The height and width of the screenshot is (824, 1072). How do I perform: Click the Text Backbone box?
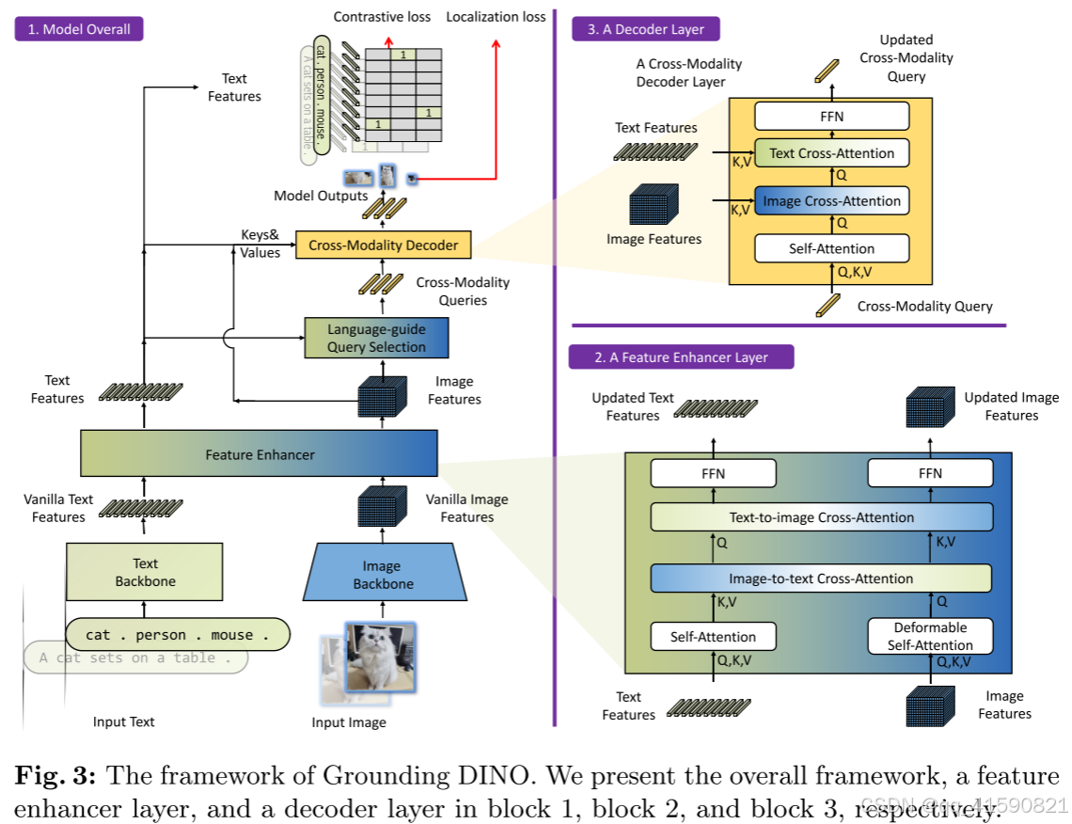point(145,572)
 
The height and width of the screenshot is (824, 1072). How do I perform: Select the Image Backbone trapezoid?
point(383,574)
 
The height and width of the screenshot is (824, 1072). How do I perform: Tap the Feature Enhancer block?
point(260,454)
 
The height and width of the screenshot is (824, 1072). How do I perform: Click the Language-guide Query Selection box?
point(376,338)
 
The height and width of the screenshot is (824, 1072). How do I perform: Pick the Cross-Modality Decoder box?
point(383,246)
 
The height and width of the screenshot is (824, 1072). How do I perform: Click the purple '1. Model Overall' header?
point(78,29)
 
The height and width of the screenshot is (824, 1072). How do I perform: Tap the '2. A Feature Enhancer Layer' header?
point(681,357)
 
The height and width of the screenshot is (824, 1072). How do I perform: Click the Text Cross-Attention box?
point(832,153)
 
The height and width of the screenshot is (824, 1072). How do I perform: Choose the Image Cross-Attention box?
point(832,200)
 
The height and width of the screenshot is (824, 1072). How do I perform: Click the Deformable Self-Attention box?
point(929,636)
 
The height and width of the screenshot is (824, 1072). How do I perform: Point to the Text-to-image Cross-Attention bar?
point(821,517)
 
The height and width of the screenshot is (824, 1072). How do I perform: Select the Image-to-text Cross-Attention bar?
point(821,578)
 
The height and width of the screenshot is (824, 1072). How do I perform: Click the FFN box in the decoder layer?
point(832,117)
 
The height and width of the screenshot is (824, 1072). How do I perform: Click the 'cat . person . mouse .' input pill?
point(178,635)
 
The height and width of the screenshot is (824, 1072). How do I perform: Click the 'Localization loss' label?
point(496,17)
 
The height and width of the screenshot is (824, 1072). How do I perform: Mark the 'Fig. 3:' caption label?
point(53,777)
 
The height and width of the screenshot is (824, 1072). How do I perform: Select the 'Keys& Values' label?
point(260,246)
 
